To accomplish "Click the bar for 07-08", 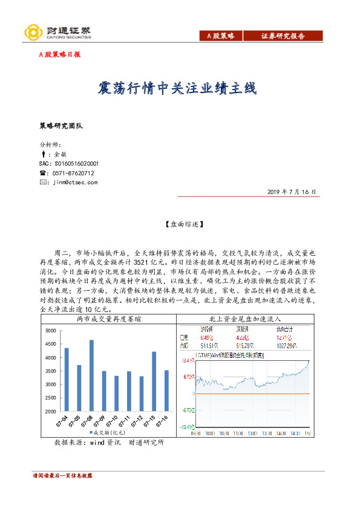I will (92, 375).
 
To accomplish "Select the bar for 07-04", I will (67, 379).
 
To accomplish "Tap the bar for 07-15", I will (154, 381).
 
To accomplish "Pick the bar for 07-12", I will (142, 394).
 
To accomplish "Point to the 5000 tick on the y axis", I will (50, 330).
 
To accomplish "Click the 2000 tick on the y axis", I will (50, 411).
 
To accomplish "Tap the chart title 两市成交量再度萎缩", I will (109, 319).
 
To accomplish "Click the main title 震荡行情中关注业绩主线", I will (177, 89).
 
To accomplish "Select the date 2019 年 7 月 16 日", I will (291, 191).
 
